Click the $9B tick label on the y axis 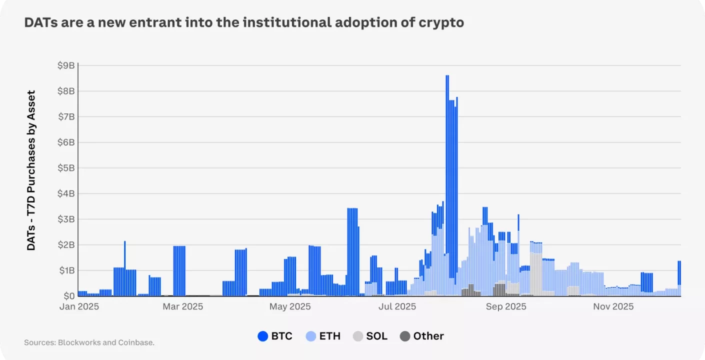[x=66, y=65]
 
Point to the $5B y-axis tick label [x=66, y=168]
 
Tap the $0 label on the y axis [x=69, y=296]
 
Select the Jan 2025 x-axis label [x=79, y=306]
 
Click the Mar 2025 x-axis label [x=182, y=306]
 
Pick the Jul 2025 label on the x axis [x=397, y=306]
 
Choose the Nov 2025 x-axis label [x=613, y=306]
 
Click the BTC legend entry [x=275, y=336]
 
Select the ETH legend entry [x=323, y=336]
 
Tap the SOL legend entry [x=370, y=336]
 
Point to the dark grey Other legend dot [x=405, y=336]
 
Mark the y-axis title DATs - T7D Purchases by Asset [x=31, y=170]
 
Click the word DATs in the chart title [x=39, y=23]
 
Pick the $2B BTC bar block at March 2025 [x=179, y=270]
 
